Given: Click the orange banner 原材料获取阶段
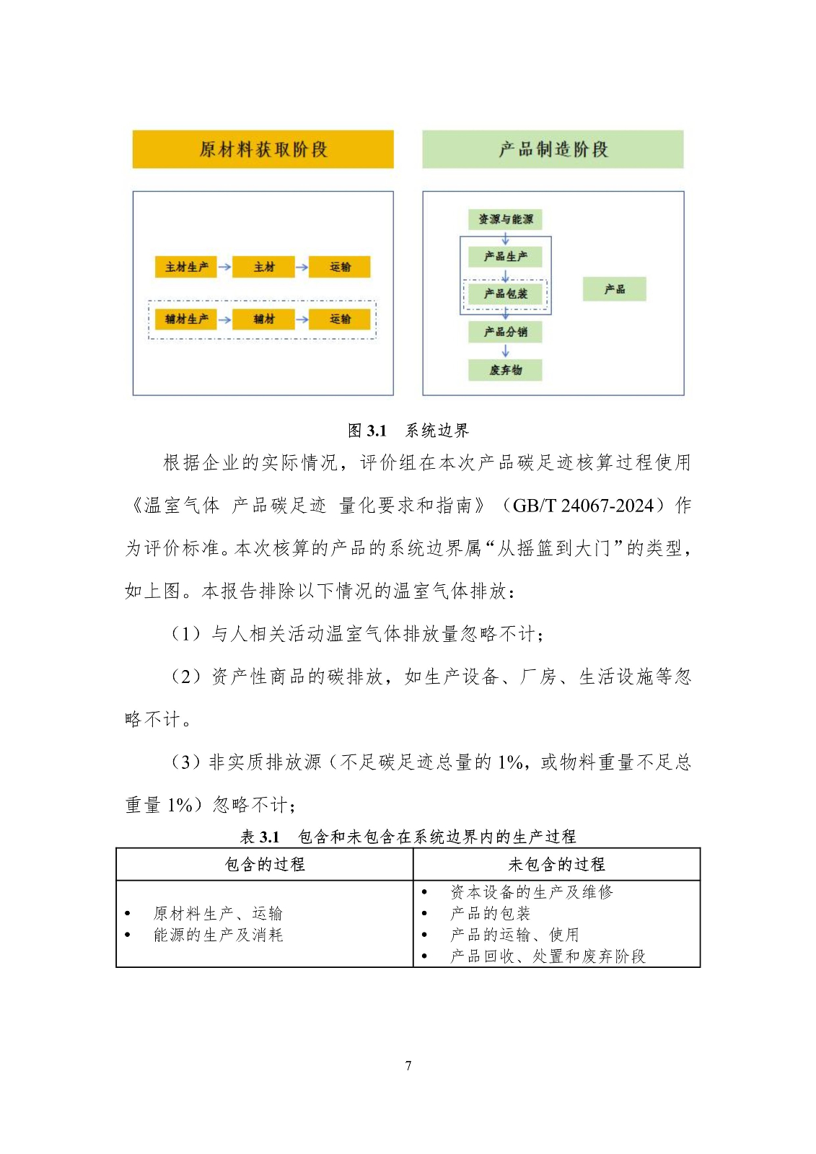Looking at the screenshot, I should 263,149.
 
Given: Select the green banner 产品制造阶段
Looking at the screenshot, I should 553,149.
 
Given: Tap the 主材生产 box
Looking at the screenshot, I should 186,267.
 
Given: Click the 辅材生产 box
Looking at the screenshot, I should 186,319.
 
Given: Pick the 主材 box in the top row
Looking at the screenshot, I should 264,267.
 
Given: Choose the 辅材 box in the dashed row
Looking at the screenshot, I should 264,319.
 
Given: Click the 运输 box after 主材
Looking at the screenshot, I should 340,267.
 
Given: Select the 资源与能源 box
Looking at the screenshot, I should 505,219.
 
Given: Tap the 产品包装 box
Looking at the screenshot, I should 505,294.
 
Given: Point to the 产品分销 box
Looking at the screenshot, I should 505,332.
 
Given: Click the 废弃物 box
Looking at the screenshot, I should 505,370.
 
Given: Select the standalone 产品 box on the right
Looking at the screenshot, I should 615,289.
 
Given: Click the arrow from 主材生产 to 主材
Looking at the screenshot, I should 224,267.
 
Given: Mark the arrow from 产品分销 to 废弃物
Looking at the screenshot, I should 505,351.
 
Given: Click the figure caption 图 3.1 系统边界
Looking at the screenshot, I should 408,431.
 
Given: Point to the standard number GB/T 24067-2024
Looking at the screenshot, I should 582,506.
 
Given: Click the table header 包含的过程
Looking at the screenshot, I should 265,864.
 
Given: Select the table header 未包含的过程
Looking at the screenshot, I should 556,864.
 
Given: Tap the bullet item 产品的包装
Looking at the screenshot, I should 491,914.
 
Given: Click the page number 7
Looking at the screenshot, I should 408,1065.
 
